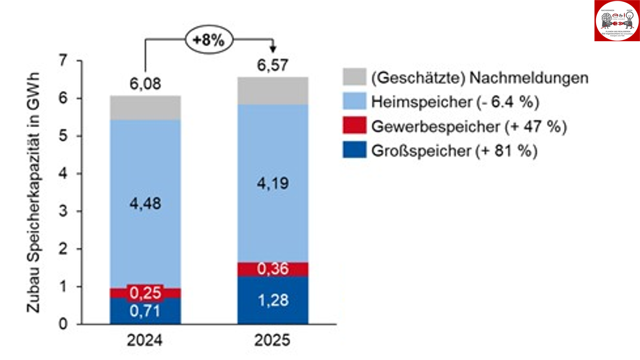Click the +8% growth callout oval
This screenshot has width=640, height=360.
tap(209, 40)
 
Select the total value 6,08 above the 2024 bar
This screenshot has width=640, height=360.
tap(145, 84)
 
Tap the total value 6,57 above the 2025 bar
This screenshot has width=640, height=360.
tap(273, 65)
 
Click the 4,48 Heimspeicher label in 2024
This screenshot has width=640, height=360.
tap(145, 203)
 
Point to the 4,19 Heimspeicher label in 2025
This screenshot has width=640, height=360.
tap(273, 184)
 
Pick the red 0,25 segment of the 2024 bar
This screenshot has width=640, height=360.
tap(145, 293)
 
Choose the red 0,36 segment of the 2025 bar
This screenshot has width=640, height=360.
tap(273, 269)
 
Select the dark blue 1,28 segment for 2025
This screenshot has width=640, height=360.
tap(273, 300)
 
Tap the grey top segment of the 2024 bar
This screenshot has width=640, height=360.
tap(145, 108)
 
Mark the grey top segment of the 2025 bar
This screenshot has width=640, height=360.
tap(273, 91)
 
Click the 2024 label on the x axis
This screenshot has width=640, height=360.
tap(145, 340)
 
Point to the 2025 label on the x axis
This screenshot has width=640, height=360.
tap(272, 340)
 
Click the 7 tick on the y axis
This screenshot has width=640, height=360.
tap(63, 61)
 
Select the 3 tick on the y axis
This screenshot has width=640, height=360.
tap(63, 211)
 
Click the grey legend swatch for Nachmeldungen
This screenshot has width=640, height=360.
tap(354, 77)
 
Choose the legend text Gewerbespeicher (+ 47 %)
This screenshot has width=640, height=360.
tap(469, 127)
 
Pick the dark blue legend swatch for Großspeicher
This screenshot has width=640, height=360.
tap(354, 150)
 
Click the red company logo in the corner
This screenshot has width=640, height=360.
tap(617, 21)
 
